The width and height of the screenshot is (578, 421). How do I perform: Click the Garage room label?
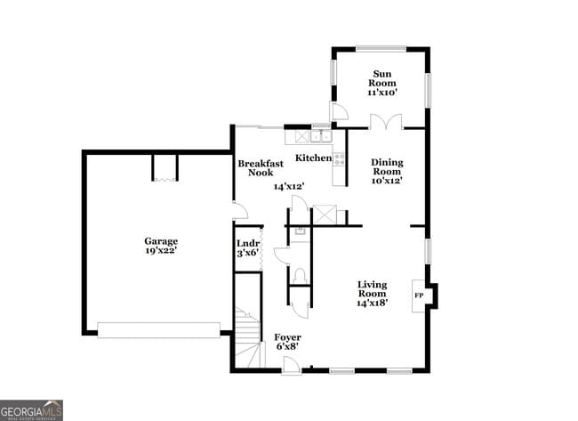pos(162,240)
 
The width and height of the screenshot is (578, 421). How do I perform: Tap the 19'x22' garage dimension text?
pos(162,252)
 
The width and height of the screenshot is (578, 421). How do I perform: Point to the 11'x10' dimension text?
pos(382,92)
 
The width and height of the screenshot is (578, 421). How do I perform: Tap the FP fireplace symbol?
pos(419,294)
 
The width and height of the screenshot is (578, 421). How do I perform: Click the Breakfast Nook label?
pos(261,167)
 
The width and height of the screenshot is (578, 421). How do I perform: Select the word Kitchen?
pos(313,158)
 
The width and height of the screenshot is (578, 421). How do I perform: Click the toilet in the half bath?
pos(300,276)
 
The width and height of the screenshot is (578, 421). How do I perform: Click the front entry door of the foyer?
pos(292,364)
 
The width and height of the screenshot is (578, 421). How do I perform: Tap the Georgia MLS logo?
pos(32,409)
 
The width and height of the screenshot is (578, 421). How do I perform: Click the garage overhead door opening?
pos(158,330)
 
